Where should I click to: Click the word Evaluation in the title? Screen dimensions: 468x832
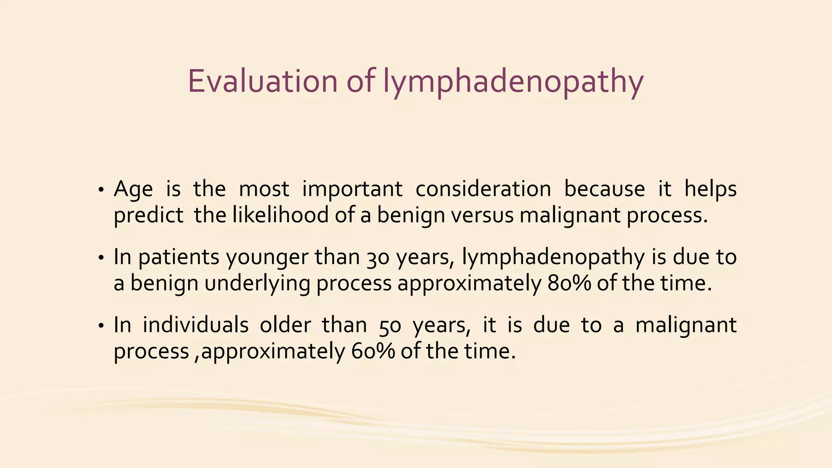(262, 81)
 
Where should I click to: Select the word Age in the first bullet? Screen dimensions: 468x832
(133, 189)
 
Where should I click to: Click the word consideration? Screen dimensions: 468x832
(483, 189)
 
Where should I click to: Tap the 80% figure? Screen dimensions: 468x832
(569, 283)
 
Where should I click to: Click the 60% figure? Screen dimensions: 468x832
(373, 351)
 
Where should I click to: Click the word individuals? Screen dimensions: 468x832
(195, 325)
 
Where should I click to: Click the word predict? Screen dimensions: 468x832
(148, 216)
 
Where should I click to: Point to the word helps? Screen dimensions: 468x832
(710, 189)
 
